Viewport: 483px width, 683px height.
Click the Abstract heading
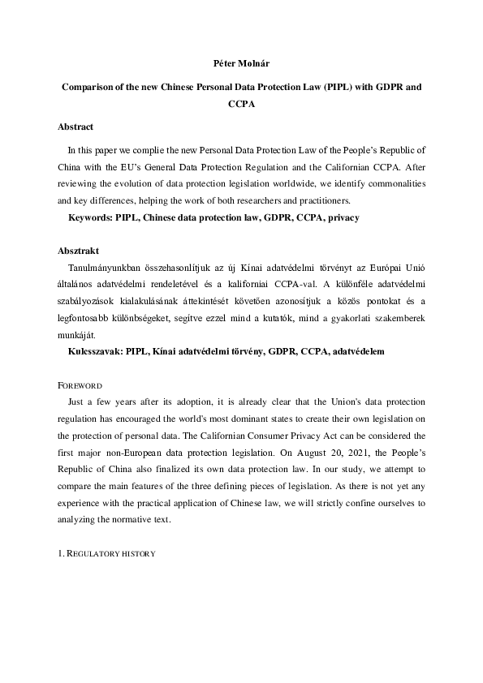pos(75,127)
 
